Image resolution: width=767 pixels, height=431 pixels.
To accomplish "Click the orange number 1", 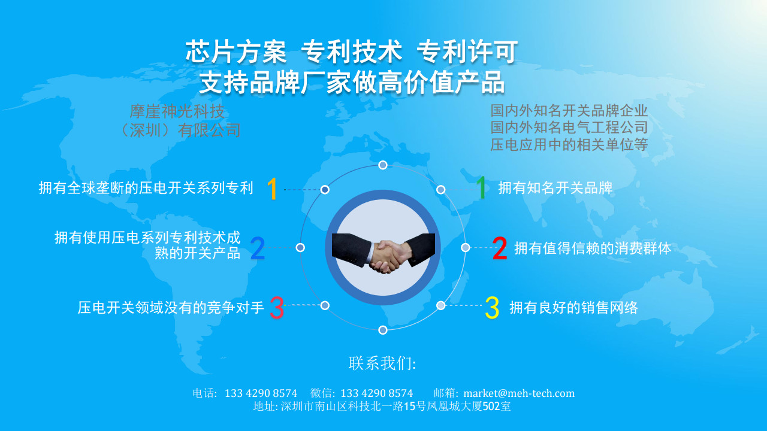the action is click(x=272, y=189).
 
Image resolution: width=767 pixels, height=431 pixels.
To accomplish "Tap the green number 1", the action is click(x=481, y=187).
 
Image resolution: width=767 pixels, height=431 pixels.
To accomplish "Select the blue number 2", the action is click(x=258, y=248).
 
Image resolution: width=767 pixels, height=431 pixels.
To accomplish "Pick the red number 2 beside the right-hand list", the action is click(x=500, y=248).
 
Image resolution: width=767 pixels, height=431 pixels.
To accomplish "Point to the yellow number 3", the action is click(x=492, y=308).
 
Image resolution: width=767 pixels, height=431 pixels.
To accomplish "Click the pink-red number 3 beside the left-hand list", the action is click(x=277, y=308).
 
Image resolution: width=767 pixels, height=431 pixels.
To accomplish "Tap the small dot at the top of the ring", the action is click(x=383, y=165).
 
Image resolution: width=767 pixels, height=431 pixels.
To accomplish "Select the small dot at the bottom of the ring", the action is click(x=383, y=330).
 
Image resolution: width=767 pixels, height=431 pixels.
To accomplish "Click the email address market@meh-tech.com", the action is click(x=519, y=393).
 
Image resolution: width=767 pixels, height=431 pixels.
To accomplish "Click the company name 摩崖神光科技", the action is click(x=177, y=111).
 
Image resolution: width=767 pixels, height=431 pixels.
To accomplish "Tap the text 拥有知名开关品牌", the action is click(x=555, y=188).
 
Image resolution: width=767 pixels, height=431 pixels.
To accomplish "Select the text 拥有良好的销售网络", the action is click(x=573, y=308).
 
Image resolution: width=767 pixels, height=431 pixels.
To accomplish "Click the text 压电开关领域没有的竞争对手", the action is click(x=171, y=308).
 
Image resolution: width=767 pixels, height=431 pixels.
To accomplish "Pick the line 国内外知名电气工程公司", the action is click(x=569, y=128).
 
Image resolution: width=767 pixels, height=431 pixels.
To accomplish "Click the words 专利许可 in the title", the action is click(x=467, y=51).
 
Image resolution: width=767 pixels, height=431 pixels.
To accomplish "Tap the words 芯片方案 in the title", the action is click(x=236, y=51).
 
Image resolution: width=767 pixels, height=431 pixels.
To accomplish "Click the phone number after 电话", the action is click(x=261, y=393).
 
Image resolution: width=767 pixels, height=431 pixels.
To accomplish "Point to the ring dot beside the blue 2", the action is click(x=300, y=247).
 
